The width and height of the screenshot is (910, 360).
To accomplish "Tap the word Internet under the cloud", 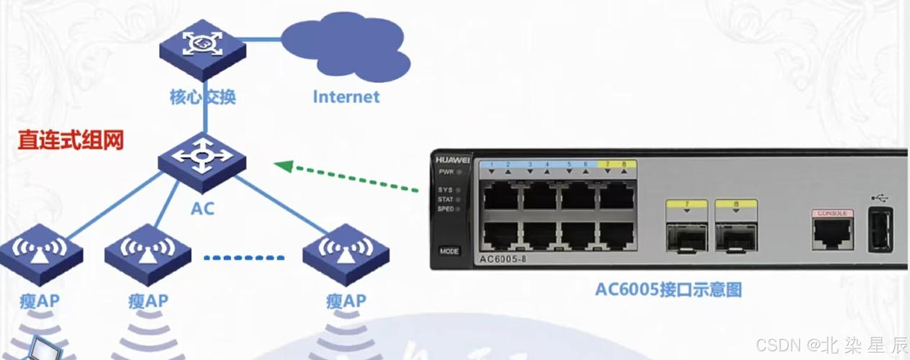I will click(346, 96).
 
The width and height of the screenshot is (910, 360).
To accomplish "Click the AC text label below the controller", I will click(202, 210).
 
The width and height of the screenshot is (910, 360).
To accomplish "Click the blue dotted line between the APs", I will click(245, 257).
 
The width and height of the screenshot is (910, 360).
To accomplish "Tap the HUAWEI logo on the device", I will click(452, 160).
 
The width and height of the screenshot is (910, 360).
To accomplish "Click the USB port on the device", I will click(879, 230).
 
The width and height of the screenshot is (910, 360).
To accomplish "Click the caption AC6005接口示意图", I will click(668, 290).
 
